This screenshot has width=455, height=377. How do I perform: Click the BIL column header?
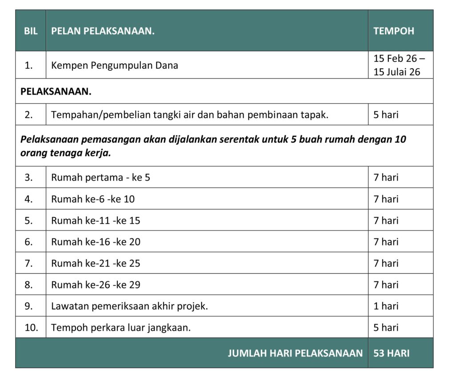pos(31,31)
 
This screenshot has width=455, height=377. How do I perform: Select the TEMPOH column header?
pos(394,31)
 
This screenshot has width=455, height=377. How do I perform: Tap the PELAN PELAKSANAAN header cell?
pos(103,31)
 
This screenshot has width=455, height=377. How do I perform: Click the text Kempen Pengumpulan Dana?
pos(115,65)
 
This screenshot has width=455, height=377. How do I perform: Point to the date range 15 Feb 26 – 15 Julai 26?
pos(399,65)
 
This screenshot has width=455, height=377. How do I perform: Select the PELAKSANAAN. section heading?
pos(56,91)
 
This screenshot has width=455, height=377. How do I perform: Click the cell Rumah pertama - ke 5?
pos(100,178)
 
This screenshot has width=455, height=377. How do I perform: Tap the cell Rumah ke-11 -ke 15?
pos(95,220)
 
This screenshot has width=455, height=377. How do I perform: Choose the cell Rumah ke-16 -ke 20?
pos(96,242)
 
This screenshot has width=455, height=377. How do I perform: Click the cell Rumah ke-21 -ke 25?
pos(96,263)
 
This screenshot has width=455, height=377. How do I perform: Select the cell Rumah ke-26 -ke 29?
pos(96,284)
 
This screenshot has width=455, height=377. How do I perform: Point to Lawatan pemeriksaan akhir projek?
pos(129,306)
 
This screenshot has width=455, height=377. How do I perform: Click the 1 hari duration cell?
pos(386,306)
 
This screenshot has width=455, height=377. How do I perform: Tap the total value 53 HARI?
pos(391,353)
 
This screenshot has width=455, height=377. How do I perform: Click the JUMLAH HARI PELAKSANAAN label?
pos(295,353)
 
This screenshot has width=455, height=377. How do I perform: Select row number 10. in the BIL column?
pos(31,328)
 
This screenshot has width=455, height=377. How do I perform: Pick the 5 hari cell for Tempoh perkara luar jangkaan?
pos(386,328)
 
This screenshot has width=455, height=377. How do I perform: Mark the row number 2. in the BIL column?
pos(29,115)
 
